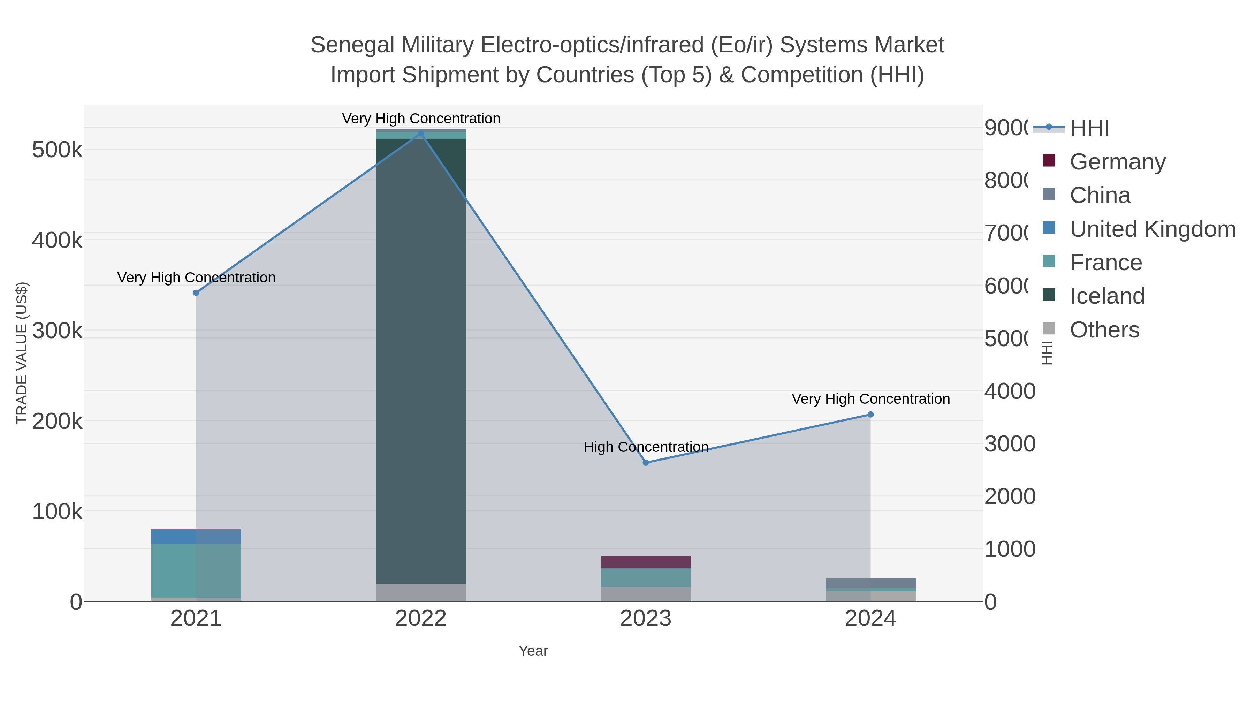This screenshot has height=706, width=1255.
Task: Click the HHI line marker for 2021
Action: point(196,293)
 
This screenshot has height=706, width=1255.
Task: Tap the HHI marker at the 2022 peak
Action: point(421,134)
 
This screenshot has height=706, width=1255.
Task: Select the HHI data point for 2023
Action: point(646,462)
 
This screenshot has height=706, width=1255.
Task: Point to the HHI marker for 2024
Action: point(870,415)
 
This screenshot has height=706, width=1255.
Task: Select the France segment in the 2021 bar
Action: point(196,570)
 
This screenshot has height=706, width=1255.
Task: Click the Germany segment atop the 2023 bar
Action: point(646,561)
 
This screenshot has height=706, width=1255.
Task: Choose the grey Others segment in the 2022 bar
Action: point(421,592)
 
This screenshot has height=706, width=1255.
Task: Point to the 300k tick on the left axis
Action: point(57,331)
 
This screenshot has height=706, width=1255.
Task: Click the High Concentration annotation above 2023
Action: point(646,447)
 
